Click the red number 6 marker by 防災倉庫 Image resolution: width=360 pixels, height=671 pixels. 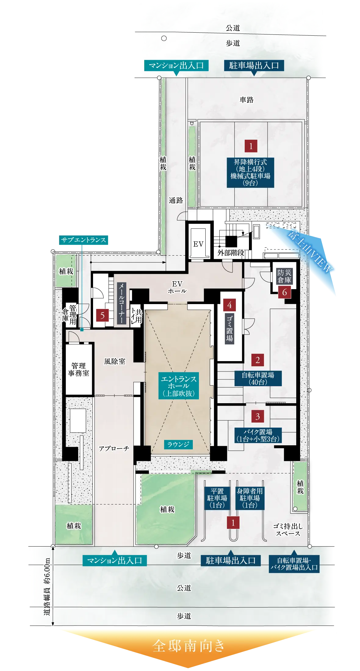(285, 292)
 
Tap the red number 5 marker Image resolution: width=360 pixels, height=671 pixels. (103, 315)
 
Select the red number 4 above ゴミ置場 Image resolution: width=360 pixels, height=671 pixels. (229, 305)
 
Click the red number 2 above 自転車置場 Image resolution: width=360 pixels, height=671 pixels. (257, 360)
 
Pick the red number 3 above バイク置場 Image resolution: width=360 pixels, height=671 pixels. (257, 416)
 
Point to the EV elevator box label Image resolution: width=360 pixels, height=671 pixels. (198, 244)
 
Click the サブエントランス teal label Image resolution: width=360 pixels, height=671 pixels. (84, 240)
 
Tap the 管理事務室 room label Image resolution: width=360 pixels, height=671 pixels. (79, 369)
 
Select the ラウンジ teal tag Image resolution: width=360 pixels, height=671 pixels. (178, 444)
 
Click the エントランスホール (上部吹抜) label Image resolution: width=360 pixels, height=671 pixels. (179, 386)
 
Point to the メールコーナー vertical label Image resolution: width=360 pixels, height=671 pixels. (121, 303)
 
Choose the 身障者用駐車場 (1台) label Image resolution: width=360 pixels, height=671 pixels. (250, 498)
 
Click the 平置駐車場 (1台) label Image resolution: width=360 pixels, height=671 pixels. (217, 498)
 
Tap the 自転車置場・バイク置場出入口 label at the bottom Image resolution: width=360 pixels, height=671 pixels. (294, 564)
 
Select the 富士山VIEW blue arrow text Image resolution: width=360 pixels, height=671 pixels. (310, 252)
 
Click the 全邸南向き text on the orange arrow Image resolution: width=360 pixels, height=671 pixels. (189, 646)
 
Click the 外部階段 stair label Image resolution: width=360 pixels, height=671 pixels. (231, 253)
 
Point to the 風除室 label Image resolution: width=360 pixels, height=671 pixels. (115, 361)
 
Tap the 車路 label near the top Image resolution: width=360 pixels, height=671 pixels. (247, 100)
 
